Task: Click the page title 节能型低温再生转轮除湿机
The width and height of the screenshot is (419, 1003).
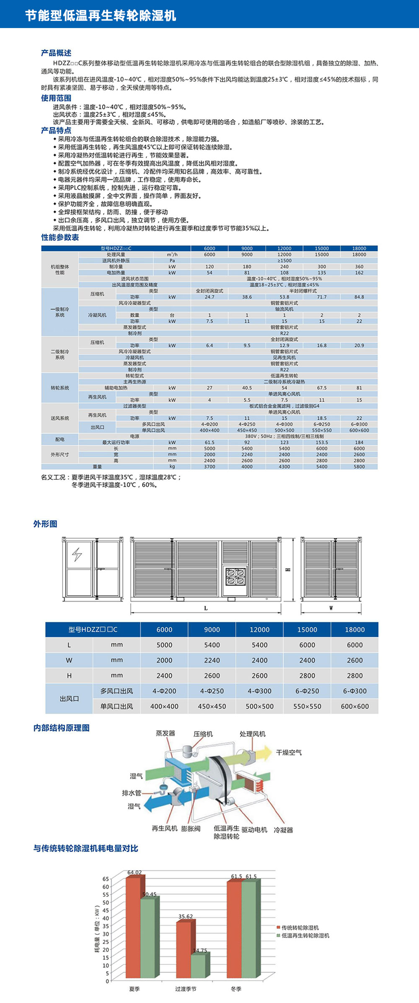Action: (101, 15)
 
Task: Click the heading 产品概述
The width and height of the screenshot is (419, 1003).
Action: (56, 53)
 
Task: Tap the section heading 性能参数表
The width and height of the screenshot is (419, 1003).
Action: (60, 237)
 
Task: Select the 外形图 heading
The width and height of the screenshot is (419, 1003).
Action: (45, 524)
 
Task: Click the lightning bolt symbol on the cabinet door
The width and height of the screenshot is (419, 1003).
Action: (77, 554)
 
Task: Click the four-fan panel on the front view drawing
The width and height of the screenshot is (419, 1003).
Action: (235, 576)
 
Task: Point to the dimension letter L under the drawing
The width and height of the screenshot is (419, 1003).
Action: (206, 608)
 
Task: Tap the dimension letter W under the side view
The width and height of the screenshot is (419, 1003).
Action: (331, 608)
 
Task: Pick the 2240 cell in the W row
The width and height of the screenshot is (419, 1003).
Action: (212, 660)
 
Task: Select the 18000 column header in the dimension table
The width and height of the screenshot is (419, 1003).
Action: (354, 630)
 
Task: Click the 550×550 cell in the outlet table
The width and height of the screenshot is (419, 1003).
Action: (307, 706)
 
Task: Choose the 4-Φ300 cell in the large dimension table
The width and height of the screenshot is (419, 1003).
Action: (259, 691)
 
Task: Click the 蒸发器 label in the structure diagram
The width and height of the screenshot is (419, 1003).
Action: (166, 733)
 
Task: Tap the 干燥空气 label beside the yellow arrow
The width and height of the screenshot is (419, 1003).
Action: (289, 752)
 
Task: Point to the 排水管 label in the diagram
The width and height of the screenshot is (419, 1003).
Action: (131, 793)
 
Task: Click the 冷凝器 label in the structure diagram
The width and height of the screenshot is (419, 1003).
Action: (283, 830)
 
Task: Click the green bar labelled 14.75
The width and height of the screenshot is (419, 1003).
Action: (199, 966)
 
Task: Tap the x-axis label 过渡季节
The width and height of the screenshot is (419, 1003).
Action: (186, 989)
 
